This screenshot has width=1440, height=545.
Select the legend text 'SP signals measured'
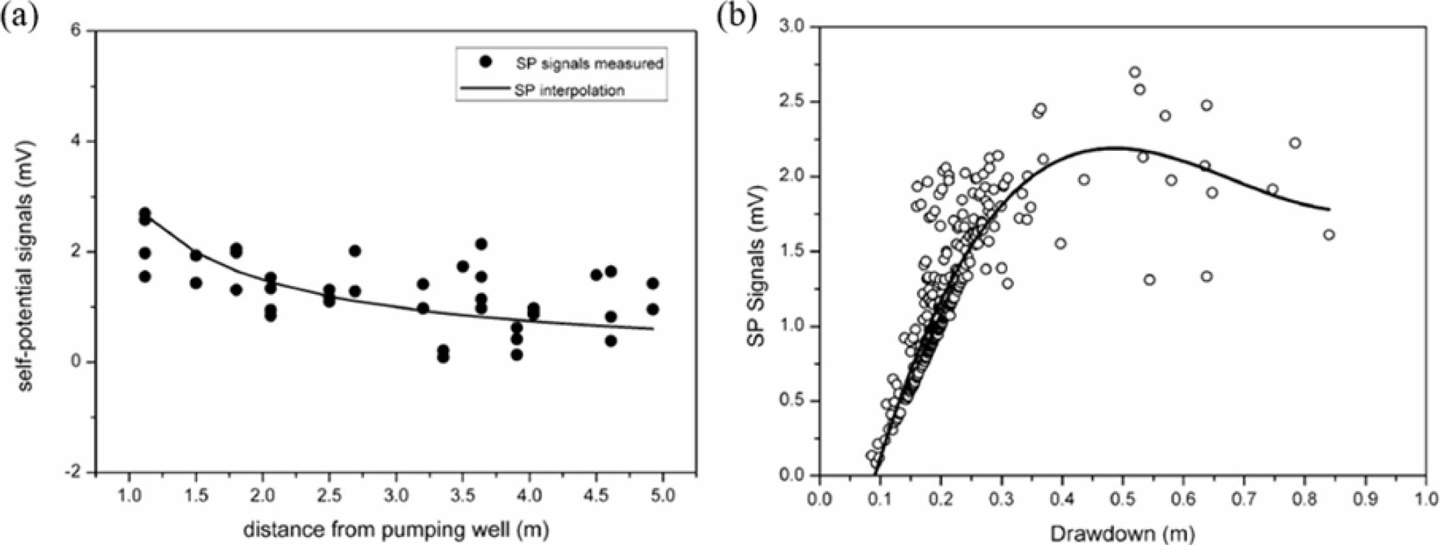tap(589, 63)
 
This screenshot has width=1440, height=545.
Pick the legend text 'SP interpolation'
tap(569, 90)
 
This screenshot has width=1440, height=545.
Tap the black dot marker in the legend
tap(485, 61)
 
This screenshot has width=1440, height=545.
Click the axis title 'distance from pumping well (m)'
tap(396, 529)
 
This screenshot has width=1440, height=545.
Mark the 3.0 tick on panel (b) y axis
tap(793, 27)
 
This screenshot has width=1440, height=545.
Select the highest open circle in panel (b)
tap(1135, 72)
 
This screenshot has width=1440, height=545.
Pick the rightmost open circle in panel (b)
tap(1328, 235)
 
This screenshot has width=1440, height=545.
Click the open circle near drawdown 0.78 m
tap(1295, 143)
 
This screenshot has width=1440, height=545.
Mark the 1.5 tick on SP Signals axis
tap(793, 252)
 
